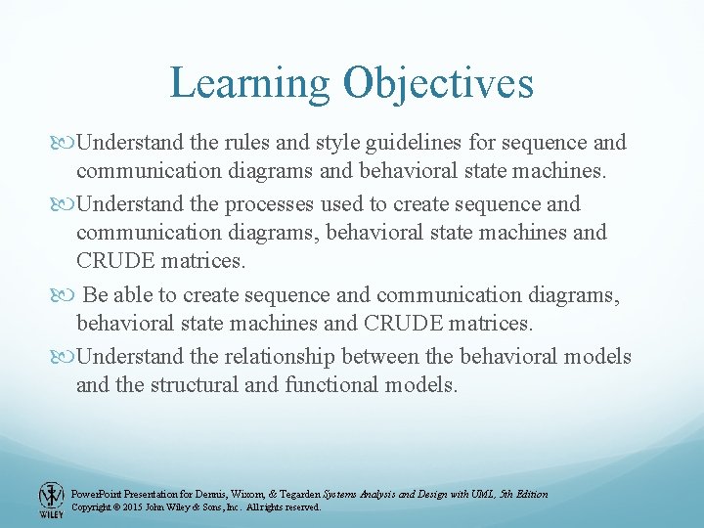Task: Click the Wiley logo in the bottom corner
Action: [50, 500]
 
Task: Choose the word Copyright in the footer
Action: [94, 507]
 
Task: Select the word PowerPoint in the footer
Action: [98, 495]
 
